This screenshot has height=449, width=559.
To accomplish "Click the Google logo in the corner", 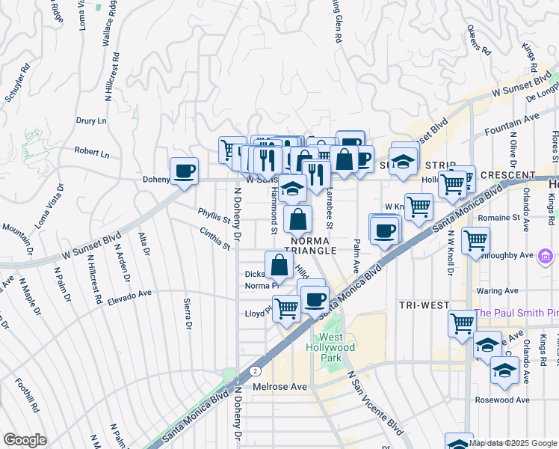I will [25, 440].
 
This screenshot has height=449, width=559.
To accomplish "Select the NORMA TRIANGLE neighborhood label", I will [311, 245].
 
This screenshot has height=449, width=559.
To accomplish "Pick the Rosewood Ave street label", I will [502, 400].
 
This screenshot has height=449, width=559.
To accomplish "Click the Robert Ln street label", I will [92, 153].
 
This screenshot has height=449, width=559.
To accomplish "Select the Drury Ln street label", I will [91, 120].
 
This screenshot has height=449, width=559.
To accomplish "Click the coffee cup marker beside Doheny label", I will [184, 171].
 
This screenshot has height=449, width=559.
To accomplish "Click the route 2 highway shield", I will [256, 370].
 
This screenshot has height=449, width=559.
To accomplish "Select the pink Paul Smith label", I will [516, 314].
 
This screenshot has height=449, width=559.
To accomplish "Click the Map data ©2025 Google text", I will [513, 443].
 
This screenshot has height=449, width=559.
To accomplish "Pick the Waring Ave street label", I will [497, 290].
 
